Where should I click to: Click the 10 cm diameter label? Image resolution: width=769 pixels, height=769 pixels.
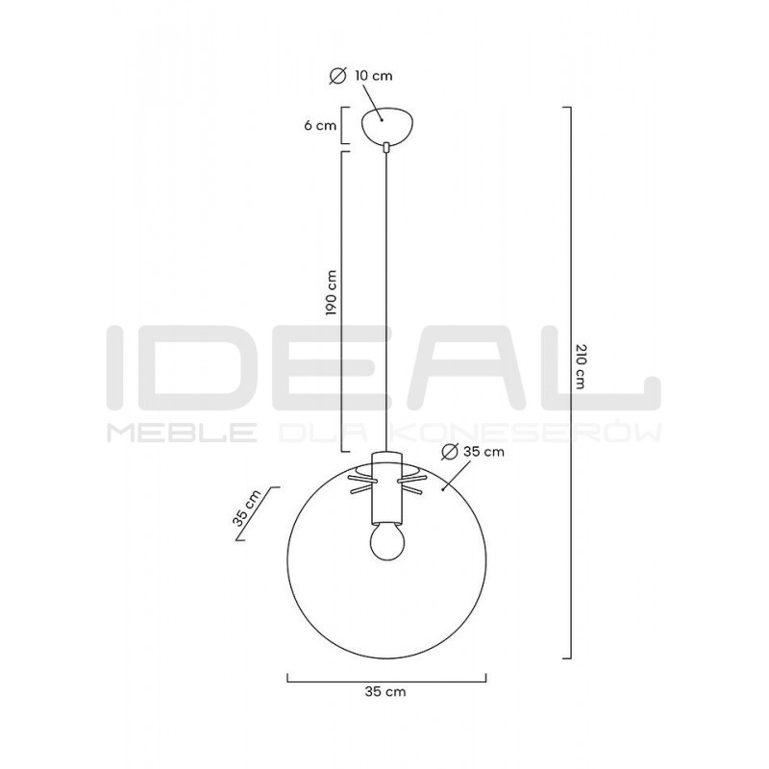pyautogui.click(x=373, y=76)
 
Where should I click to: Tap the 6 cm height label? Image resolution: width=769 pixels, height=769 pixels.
pyautogui.click(x=320, y=126)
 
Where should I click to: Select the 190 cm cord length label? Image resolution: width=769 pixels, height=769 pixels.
pyautogui.click(x=332, y=292)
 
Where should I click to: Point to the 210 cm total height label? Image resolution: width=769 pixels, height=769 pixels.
pyautogui.click(x=580, y=366)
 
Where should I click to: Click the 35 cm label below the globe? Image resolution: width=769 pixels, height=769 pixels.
pyautogui.click(x=385, y=691)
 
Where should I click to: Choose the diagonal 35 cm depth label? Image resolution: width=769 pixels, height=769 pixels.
pyautogui.click(x=247, y=508)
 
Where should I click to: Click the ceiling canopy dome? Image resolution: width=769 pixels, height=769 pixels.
pyautogui.click(x=386, y=126)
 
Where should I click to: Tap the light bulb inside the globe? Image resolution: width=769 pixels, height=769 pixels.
pyautogui.click(x=386, y=543)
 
